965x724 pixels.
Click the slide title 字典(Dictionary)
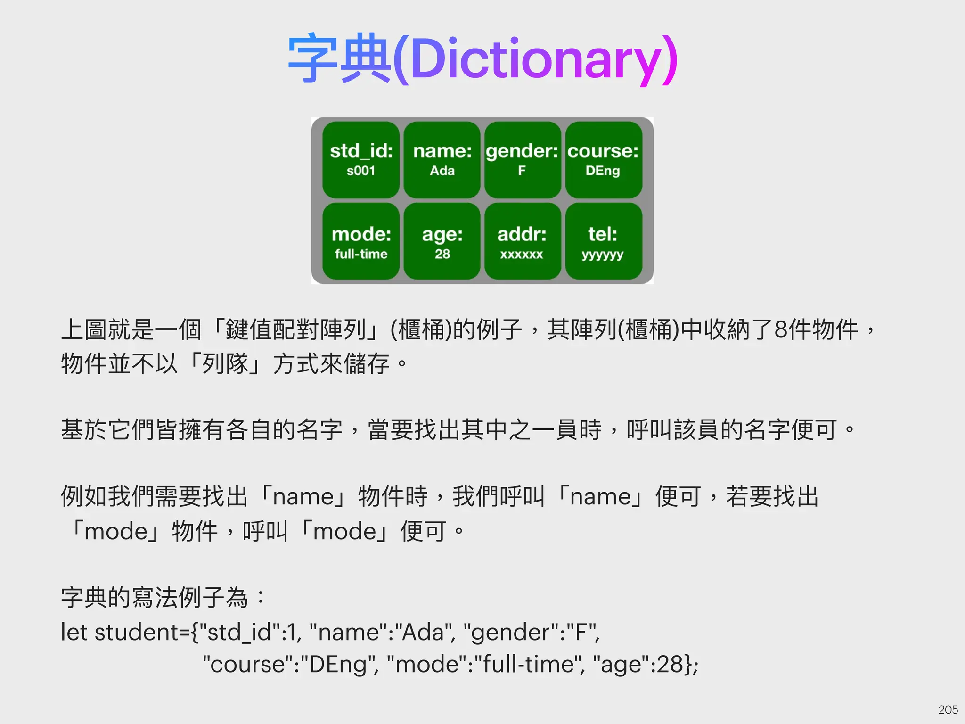[x=482, y=59]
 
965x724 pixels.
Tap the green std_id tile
[x=361, y=160]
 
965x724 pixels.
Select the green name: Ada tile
[x=442, y=160]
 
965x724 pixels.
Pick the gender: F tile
[x=523, y=160]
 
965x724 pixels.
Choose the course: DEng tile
[x=604, y=160]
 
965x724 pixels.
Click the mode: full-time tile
[x=361, y=241]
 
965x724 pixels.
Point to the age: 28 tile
[x=442, y=241]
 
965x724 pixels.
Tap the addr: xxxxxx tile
[x=523, y=241]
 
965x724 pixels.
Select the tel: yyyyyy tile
[x=604, y=241]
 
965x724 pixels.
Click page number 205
[x=948, y=709]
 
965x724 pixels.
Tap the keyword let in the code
[x=74, y=632]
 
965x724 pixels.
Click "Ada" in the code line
[x=423, y=632]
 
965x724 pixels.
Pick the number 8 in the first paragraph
[x=781, y=329]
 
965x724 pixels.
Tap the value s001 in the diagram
[x=361, y=171]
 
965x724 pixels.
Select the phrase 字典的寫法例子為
[x=155, y=598]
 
